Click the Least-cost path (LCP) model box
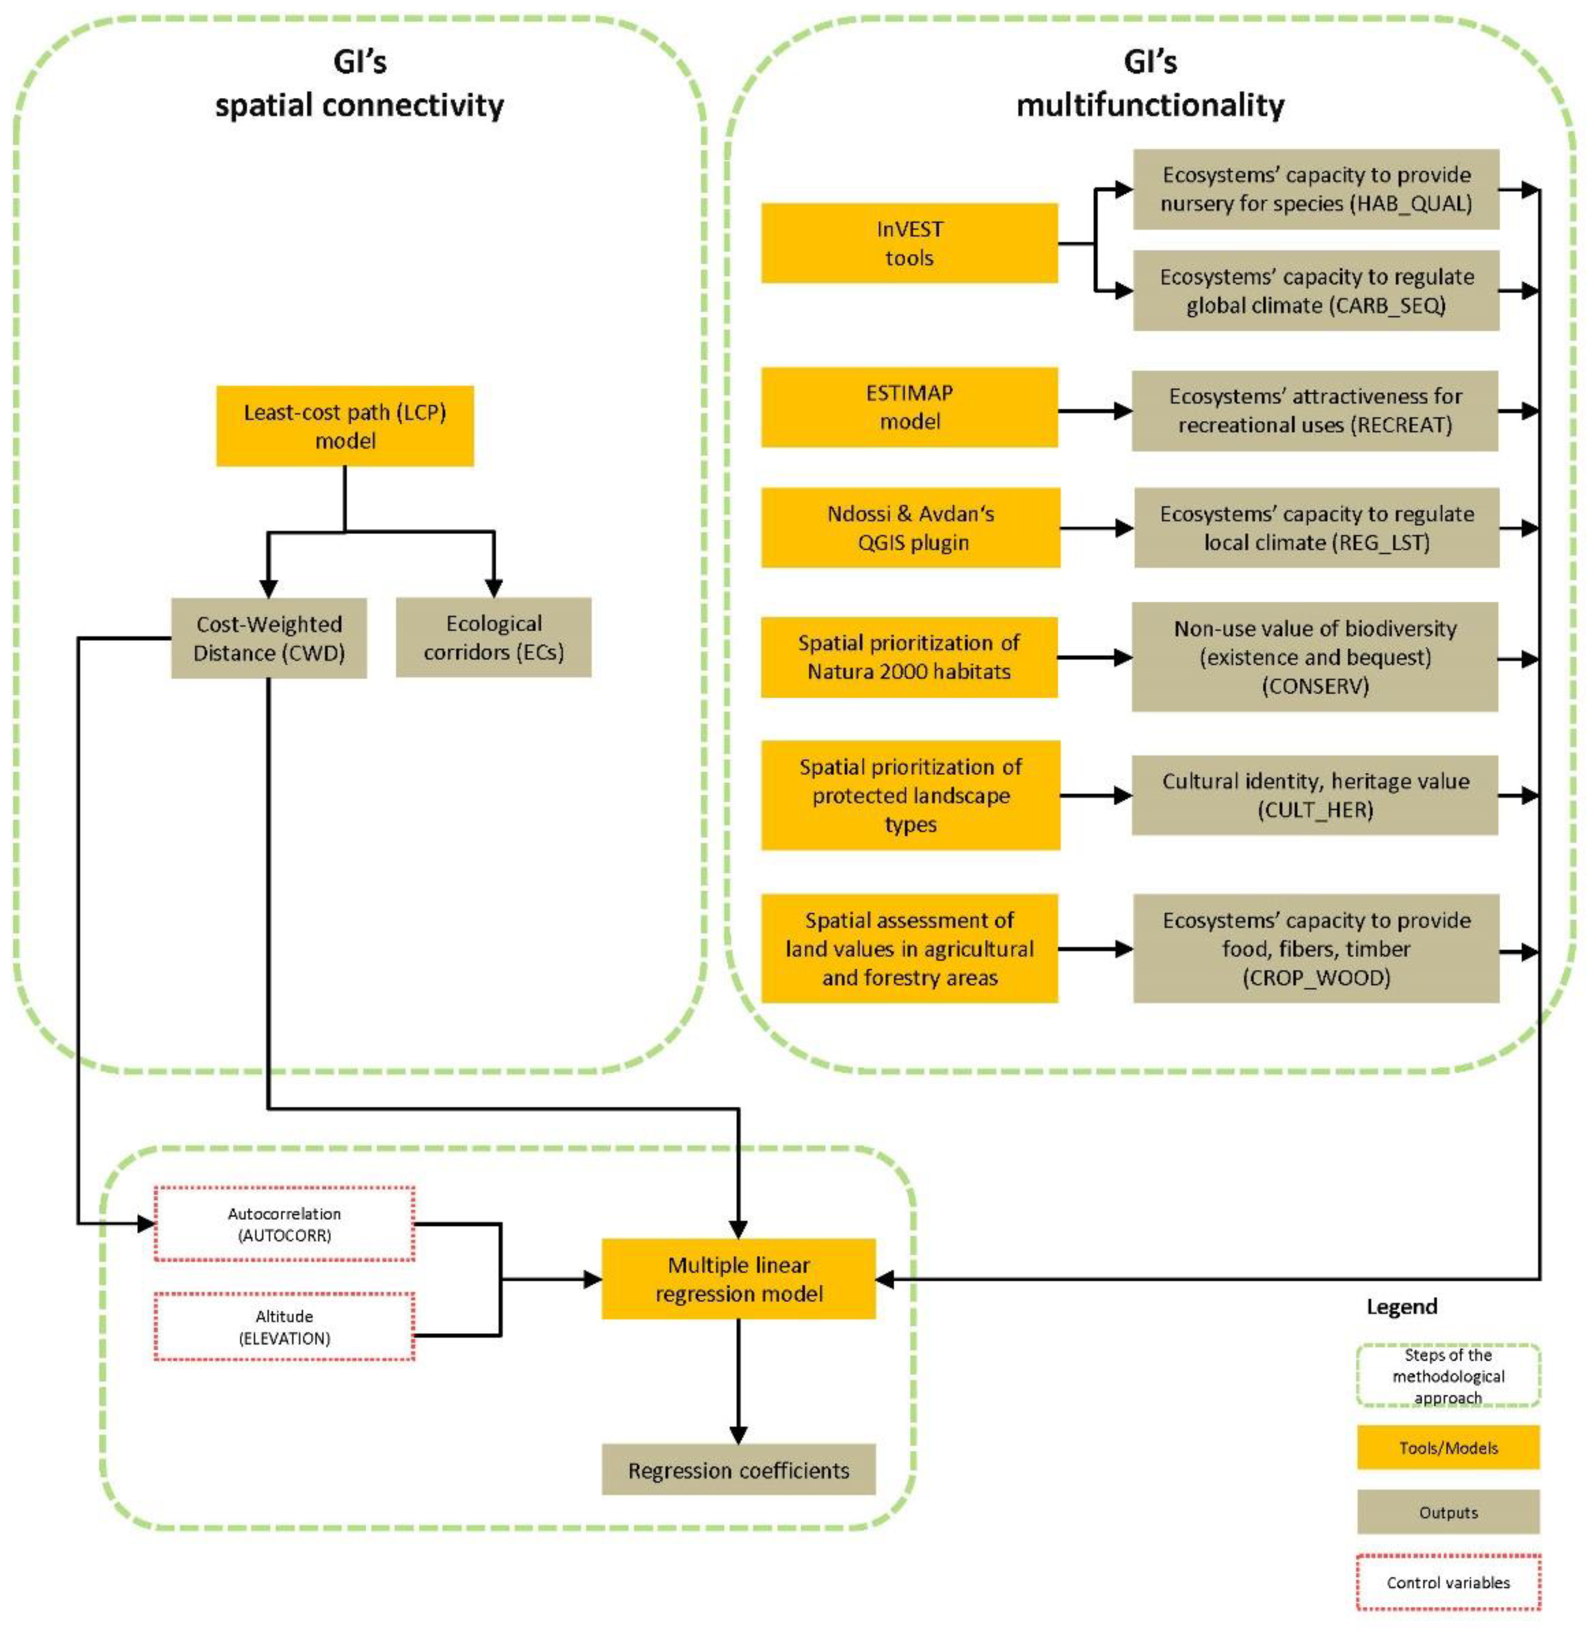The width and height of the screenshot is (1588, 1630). coord(344,425)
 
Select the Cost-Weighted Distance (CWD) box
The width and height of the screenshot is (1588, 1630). coord(269,638)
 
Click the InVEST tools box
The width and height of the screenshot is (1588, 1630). coord(909,243)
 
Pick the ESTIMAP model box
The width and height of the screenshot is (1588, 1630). coord(909,407)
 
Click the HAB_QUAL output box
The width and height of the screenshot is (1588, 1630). coord(1315,189)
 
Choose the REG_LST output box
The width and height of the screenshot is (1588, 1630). coord(1315,528)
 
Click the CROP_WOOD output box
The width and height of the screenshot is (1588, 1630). coord(1315,948)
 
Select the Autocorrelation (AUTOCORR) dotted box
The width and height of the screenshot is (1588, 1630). coord(285,1224)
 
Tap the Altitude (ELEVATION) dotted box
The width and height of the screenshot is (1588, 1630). coord(285,1326)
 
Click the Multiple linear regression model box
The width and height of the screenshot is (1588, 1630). coord(738,1279)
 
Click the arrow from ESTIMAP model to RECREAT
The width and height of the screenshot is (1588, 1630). coord(1094,411)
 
